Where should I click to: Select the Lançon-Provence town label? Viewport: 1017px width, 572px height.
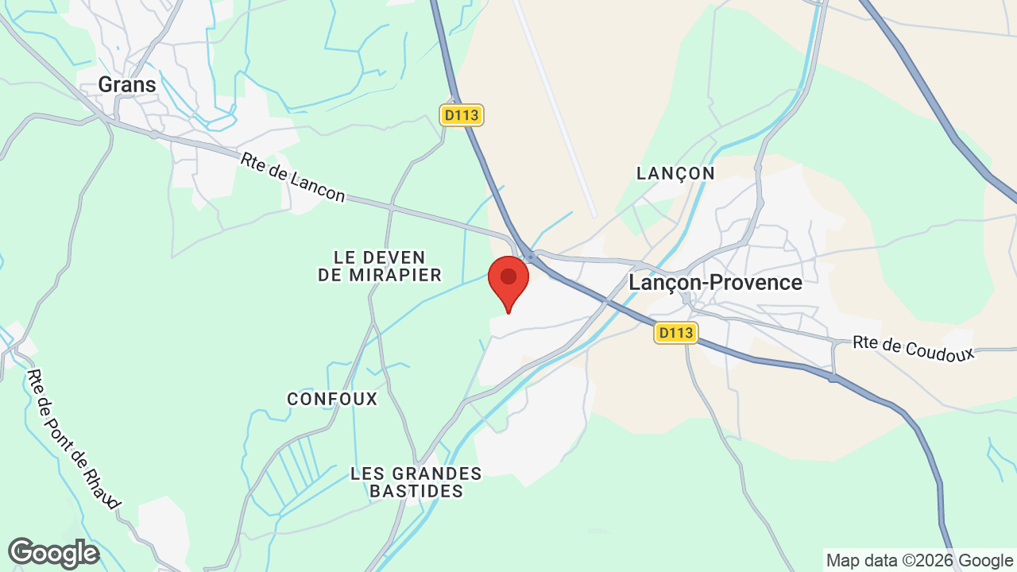coord(715,282)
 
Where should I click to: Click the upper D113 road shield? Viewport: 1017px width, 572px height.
coord(462,115)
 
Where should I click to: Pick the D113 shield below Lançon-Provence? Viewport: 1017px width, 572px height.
coord(675,332)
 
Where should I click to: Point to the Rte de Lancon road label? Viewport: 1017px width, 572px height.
coord(294,178)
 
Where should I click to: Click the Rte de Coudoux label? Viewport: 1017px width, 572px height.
coord(914,348)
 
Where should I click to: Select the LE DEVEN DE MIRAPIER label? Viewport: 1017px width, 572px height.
coord(380,266)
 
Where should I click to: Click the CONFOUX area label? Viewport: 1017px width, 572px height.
coord(332,399)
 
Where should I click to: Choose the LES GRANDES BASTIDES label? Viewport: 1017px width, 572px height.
coord(416,482)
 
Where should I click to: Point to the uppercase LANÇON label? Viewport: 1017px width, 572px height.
coord(676,173)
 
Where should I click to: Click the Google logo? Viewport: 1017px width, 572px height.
coord(54,553)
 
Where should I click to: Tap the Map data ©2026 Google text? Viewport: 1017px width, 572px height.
coord(919,560)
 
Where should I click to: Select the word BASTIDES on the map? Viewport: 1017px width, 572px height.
coord(416,491)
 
